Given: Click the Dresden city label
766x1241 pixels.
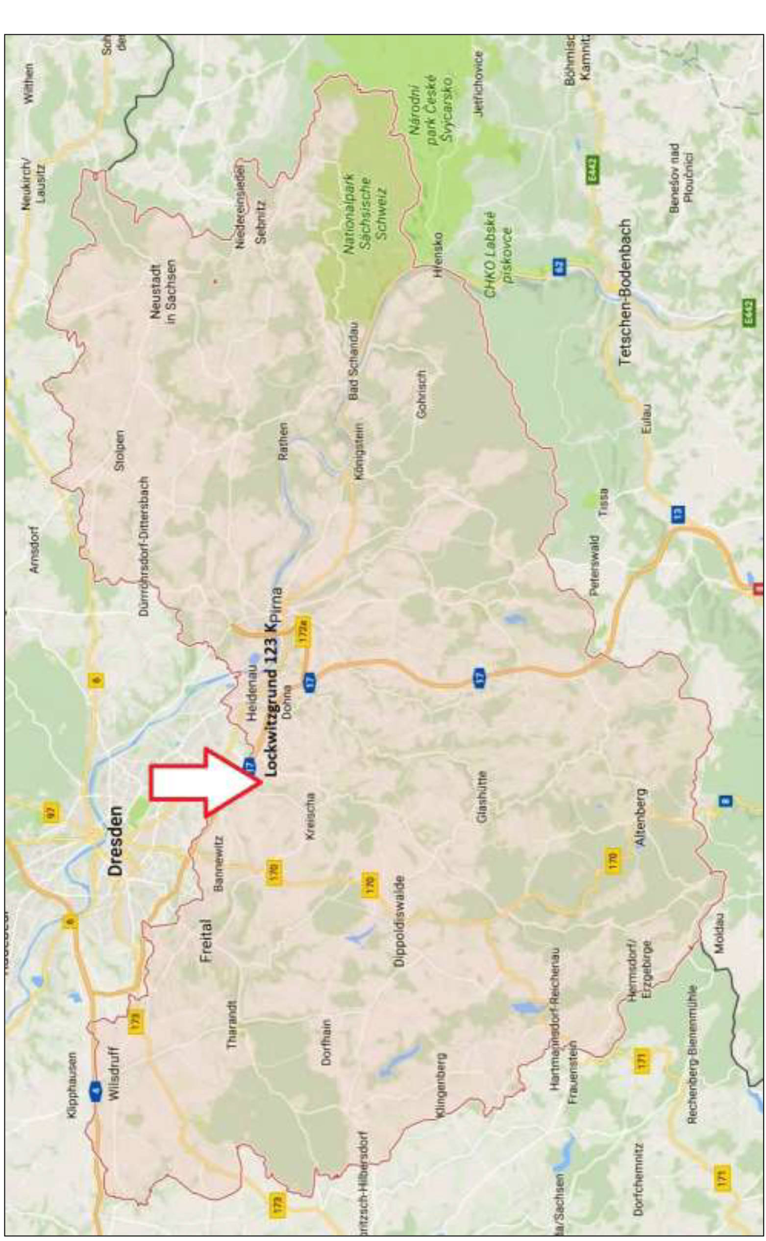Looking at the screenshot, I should (x=116, y=840).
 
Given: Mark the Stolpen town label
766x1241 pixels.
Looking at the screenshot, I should (x=120, y=451).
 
